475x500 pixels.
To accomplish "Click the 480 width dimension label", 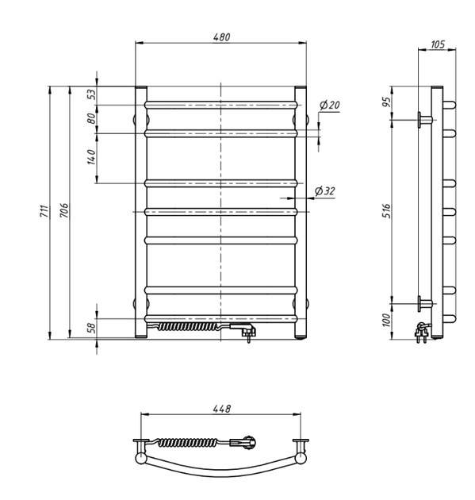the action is [221, 37].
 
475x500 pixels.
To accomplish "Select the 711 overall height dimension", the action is [44, 211].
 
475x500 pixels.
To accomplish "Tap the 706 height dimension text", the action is [64, 210].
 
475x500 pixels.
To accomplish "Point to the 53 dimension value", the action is [91, 94].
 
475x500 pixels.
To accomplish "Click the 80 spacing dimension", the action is [91, 118].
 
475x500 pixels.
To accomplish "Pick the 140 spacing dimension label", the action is [91, 157].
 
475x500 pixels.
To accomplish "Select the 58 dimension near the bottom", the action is [91, 328].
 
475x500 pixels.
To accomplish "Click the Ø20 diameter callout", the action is [329, 105].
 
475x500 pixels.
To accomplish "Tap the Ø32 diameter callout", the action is [324, 190].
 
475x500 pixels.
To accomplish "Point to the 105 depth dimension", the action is [438, 44].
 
